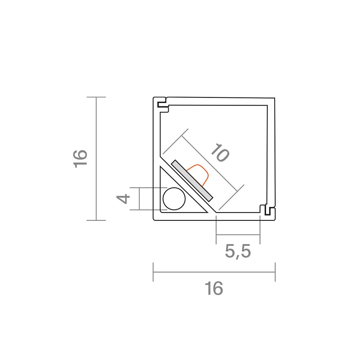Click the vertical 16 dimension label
point(80,159)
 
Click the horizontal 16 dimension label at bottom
point(214,288)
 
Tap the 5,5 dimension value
point(238,251)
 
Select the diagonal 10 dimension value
point(220,153)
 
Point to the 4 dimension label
point(123,199)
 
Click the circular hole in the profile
point(174,199)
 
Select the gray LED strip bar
point(192,181)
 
